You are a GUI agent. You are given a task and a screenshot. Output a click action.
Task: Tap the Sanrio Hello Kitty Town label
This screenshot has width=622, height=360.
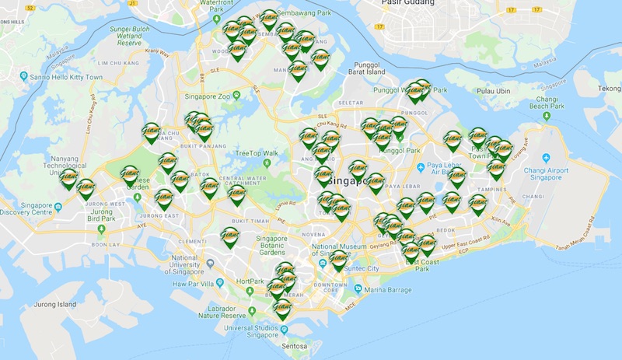click(66, 77)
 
